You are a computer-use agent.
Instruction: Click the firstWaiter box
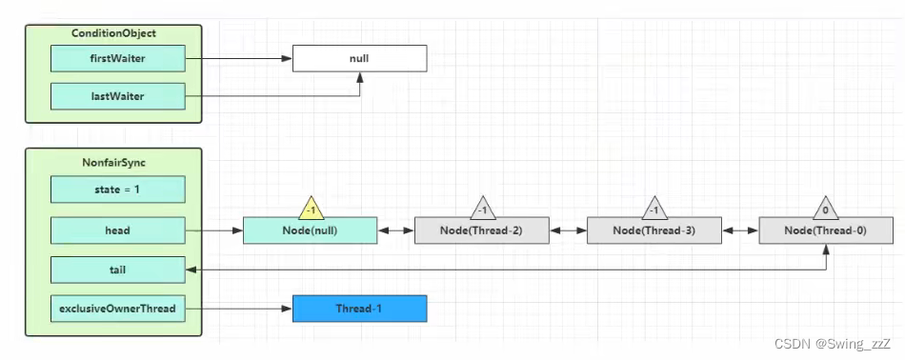(118, 58)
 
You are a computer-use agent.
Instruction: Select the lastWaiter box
(118, 96)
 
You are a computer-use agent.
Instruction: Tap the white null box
(359, 58)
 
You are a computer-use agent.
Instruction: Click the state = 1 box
(118, 190)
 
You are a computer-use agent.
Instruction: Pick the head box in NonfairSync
(118, 230)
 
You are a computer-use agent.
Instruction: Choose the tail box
(118, 270)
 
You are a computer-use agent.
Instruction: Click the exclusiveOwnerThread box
(118, 309)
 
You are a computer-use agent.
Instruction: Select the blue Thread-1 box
(359, 309)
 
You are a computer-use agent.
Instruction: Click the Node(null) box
(310, 230)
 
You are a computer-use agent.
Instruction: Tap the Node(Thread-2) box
(482, 230)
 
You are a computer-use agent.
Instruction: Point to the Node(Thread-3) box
(654, 230)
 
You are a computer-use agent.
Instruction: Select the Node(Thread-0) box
(826, 230)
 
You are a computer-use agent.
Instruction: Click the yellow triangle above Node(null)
(312, 210)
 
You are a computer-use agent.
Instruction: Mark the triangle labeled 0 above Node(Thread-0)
(825, 210)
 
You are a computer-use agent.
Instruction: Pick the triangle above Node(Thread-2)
(483, 210)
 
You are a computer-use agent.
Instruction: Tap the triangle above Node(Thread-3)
(654, 210)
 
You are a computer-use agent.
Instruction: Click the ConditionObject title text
(113, 33)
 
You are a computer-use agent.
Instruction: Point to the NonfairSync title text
(113, 163)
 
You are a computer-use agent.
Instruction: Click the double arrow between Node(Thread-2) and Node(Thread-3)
(569, 230)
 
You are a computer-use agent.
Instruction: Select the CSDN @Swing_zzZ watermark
(833, 344)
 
